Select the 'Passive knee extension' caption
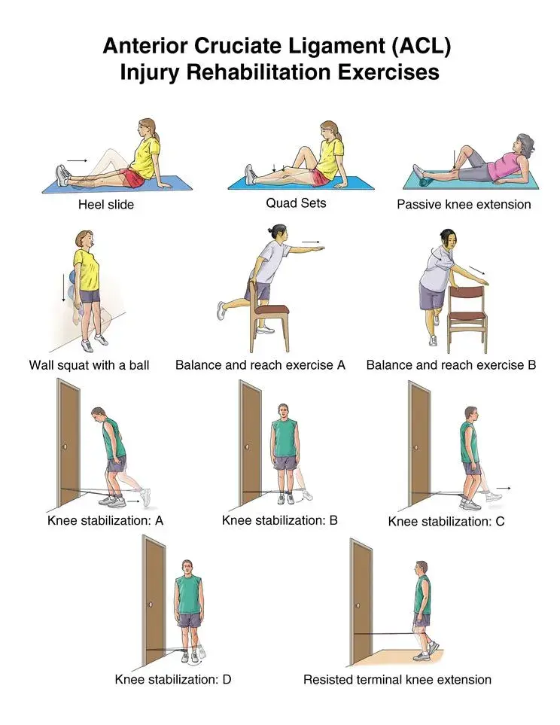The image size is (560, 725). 464,204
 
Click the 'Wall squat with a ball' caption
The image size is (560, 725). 89,365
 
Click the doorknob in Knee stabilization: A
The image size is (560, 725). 66,447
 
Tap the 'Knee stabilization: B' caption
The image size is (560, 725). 279,519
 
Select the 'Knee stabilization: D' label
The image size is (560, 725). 172,679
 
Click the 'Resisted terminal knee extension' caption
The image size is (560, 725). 397,679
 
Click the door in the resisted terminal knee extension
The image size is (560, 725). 361,602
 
